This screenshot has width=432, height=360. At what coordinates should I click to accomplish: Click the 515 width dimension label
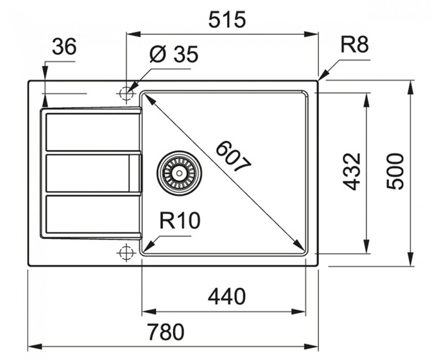(227, 20)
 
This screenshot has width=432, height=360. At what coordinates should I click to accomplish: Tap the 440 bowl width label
(227, 297)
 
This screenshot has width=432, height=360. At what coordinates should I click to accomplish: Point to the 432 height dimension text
(352, 172)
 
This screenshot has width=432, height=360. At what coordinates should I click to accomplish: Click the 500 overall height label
(395, 172)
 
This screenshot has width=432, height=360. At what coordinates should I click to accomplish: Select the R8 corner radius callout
(354, 45)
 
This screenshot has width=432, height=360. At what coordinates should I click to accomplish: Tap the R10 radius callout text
(179, 222)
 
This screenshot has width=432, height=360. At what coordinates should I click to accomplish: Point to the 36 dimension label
(64, 48)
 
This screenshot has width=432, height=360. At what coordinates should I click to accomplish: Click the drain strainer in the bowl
(179, 173)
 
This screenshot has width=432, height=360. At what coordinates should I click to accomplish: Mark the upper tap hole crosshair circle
(126, 93)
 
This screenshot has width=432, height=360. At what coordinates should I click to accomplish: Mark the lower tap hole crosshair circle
(126, 253)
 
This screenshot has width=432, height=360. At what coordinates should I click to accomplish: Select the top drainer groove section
(92, 132)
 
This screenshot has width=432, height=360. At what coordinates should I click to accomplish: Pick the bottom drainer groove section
(92, 214)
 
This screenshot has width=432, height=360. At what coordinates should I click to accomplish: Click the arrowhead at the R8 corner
(321, 78)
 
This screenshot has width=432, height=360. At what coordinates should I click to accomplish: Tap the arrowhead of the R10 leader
(147, 244)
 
